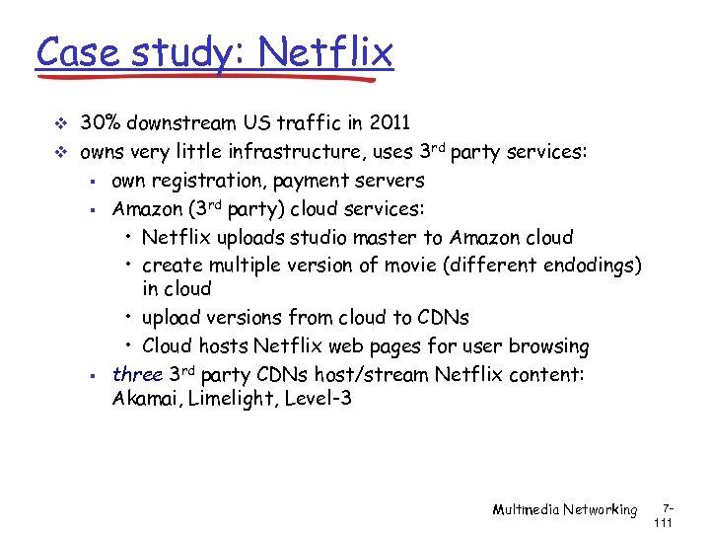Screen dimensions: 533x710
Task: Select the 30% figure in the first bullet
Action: click(100, 123)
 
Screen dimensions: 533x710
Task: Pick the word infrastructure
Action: click(304, 153)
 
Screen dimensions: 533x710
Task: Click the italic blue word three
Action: click(137, 374)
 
